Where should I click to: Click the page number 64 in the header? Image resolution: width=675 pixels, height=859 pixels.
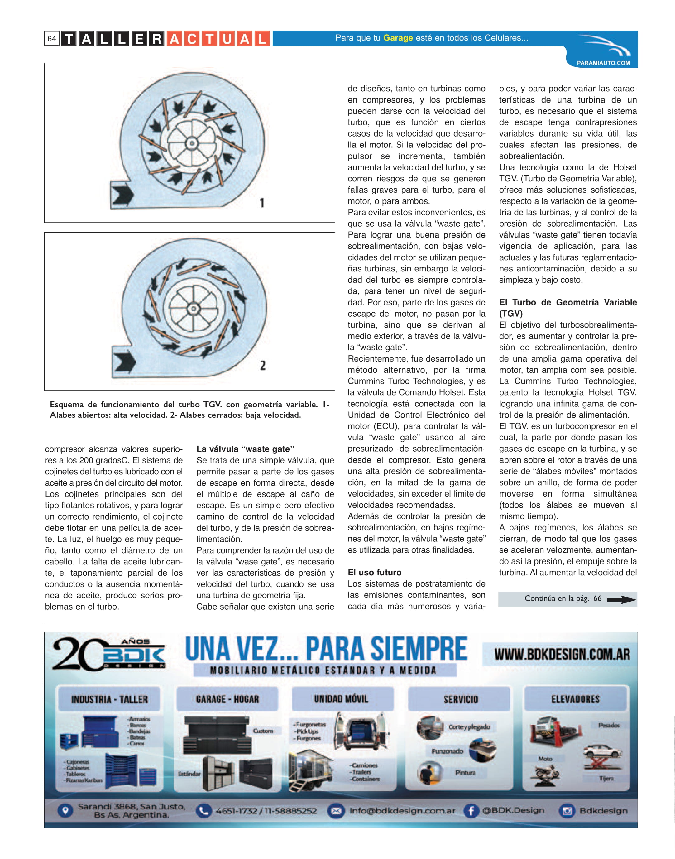pos(52,39)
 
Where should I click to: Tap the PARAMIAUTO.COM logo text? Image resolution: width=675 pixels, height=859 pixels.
pos(603,63)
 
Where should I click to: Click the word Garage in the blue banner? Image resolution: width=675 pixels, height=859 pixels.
pos(398,38)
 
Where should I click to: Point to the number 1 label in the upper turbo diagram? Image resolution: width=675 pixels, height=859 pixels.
pos(262,203)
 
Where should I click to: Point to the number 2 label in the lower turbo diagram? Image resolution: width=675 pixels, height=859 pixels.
pos(262,365)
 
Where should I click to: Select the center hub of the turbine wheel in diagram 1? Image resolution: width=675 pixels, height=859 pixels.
pos(192,143)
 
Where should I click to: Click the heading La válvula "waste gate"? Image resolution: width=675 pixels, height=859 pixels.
pos(245,449)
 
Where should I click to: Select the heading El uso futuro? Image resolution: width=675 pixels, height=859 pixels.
pos(374,572)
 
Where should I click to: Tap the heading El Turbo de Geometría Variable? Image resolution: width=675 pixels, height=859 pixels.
pos(567,302)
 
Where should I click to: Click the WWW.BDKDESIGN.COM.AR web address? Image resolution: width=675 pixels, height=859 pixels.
pos(562,654)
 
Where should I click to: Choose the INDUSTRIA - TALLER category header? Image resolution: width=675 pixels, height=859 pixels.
pos(109,699)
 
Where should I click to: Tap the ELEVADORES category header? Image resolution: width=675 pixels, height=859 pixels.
pos(575,699)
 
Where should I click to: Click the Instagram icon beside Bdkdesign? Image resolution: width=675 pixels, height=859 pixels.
pos(567,811)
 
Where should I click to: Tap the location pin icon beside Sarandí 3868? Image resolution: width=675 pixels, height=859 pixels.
pos(66,810)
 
